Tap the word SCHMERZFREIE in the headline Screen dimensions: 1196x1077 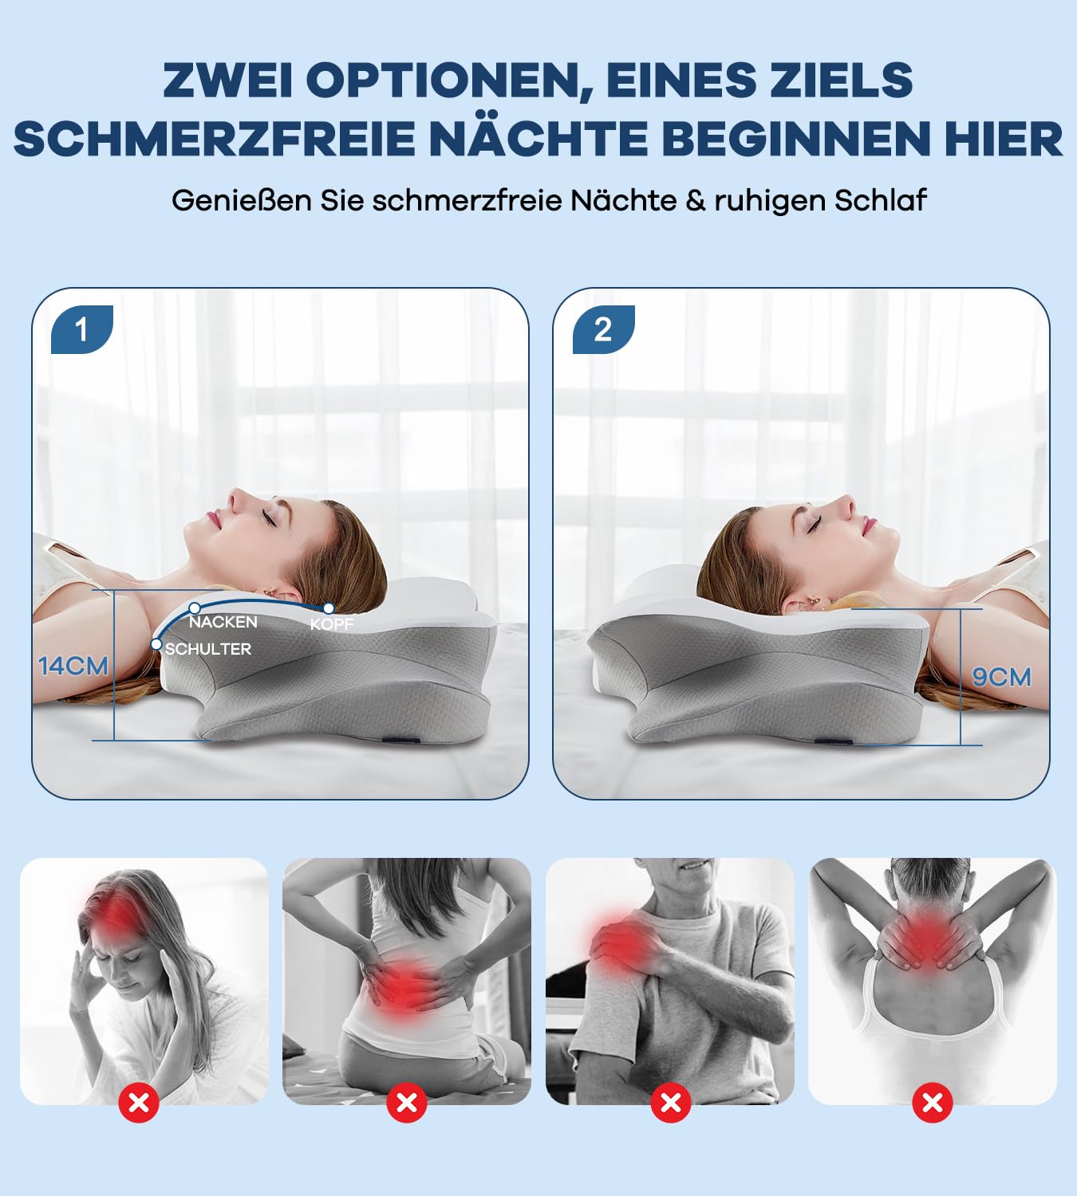pos(214,139)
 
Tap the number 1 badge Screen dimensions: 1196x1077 pos(81,329)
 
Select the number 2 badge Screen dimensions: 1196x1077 pos(603,329)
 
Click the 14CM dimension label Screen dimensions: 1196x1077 pos(73,665)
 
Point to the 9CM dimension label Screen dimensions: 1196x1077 pos(1001,677)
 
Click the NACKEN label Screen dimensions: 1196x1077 pos(223,622)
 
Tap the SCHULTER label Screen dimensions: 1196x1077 pos(208,649)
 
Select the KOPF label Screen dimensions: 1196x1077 pos(331,624)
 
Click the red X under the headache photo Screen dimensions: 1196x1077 pos(139,1103)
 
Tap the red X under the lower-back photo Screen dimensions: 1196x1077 pos(407,1103)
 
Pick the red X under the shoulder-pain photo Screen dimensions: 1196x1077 pos(671,1103)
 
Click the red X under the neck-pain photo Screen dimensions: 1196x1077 pos(932,1103)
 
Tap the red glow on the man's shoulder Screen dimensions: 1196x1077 pos(618,941)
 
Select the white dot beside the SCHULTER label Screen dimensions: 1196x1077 pos(156,643)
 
